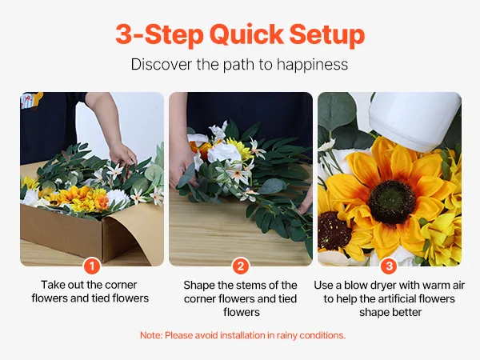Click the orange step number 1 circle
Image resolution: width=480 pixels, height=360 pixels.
tap(92, 266)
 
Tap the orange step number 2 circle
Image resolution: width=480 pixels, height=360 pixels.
tap(241, 266)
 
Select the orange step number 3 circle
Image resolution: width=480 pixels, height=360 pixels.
tap(389, 266)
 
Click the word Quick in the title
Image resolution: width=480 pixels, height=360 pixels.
tap(246, 34)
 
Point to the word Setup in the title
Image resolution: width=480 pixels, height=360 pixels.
tap(327, 34)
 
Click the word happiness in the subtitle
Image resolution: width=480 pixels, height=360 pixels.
tap(312, 65)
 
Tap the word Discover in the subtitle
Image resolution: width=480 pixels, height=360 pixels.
tap(162, 64)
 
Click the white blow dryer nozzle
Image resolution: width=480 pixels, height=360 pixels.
tap(414, 121)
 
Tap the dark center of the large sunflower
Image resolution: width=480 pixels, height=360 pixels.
tap(391, 202)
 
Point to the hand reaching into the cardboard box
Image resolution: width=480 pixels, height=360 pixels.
tap(123, 155)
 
